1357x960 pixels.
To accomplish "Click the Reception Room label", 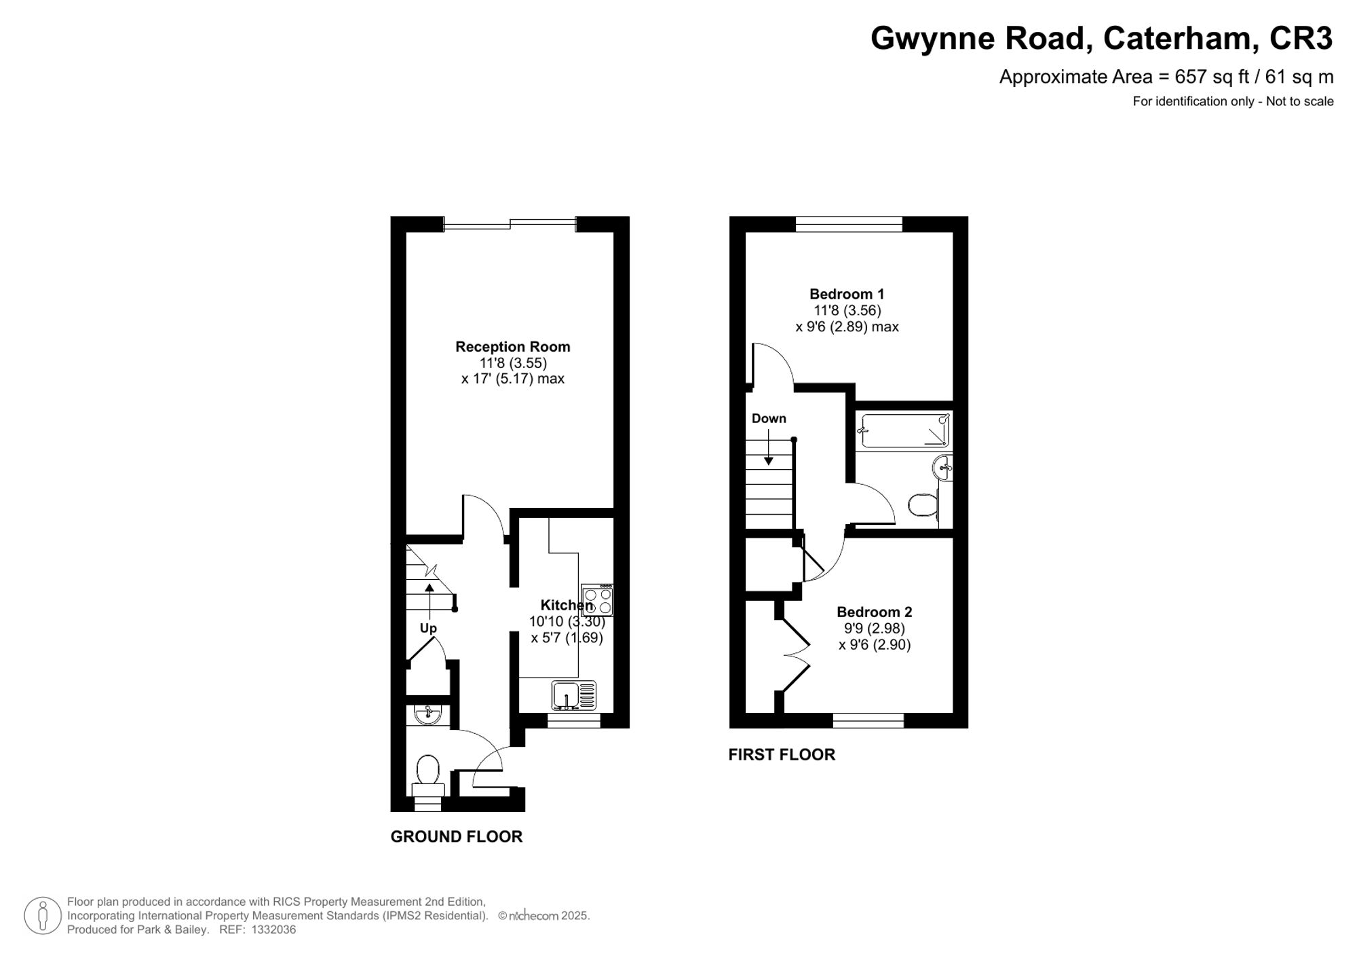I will coord(512,346).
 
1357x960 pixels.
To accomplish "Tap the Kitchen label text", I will coord(566,605).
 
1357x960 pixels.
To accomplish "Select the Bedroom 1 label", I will coord(846,294).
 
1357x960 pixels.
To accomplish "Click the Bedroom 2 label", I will coord(874,612).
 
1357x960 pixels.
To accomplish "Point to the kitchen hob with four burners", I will coord(598,600).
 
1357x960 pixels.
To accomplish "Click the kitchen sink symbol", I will coord(573,696).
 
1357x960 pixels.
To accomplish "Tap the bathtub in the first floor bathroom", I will coord(903,430).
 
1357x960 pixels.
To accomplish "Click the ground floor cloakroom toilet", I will coord(427,775).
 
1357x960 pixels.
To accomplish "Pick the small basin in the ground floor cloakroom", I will coord(427,714).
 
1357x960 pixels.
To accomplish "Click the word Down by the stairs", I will coord(769,418).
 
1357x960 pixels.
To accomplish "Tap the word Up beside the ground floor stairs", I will coord(428,628).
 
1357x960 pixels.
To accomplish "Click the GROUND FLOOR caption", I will coord(456,836).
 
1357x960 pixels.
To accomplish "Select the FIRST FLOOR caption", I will coord(781,754).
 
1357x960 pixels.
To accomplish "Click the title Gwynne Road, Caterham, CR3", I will coord(1101,38).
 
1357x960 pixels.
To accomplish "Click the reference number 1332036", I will coord(273,929).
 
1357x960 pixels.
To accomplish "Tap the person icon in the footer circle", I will coord(43,915).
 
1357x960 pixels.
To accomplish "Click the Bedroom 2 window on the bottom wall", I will coord(868,720).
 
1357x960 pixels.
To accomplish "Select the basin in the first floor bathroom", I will coord(943,468).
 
